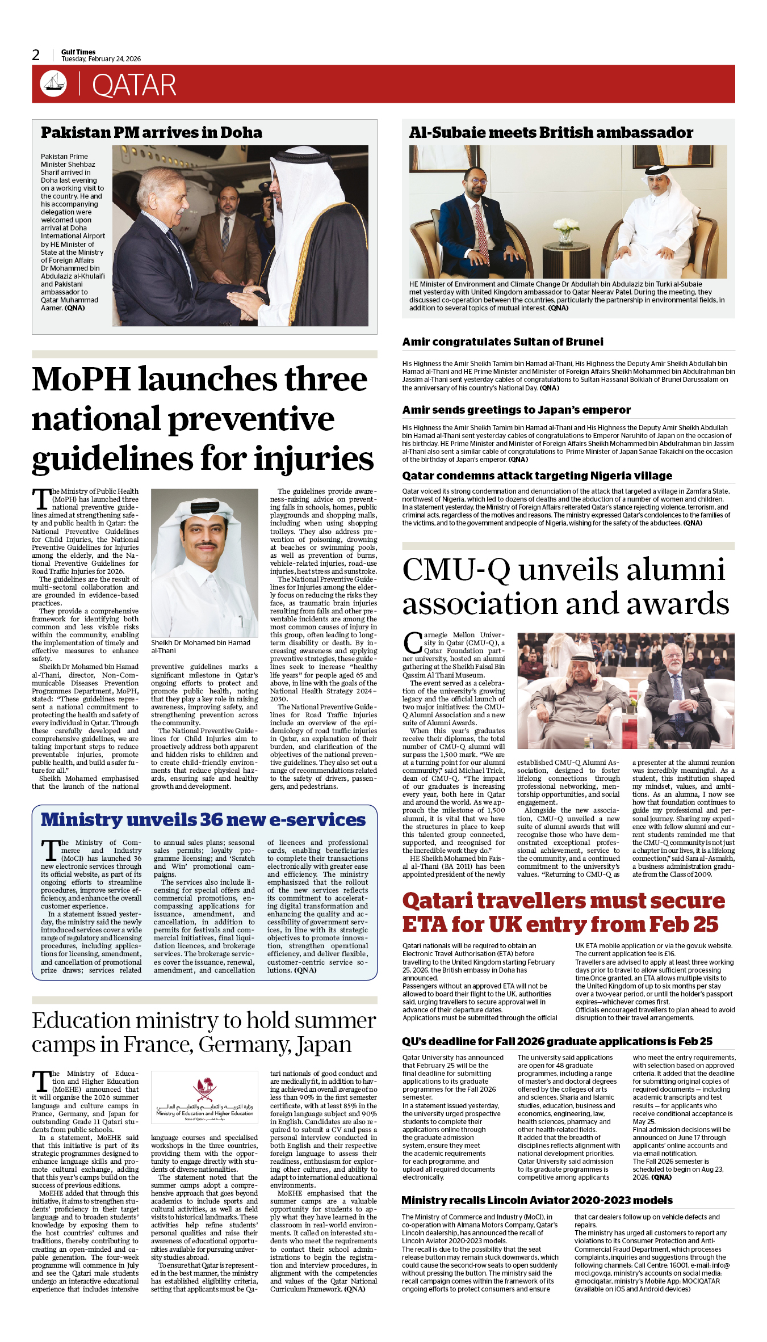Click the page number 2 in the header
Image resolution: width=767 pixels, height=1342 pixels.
click(x=36, y=55)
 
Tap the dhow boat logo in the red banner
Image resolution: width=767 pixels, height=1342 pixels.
click(x=53, y=83)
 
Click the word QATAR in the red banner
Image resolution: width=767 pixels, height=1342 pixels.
click(x=134, y=85)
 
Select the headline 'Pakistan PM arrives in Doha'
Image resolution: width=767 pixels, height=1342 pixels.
click(x=152, y=133)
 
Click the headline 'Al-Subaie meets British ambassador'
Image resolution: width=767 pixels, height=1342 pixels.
click(x=551, y=133)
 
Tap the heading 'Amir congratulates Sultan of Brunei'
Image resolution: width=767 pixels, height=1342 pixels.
click(x=502, y=342)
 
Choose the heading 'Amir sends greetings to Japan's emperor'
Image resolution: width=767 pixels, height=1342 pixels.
click(x=516, y=410)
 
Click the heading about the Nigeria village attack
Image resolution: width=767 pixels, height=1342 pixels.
click(x=537, y=476)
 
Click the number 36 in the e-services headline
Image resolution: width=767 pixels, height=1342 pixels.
click(x=211, y=820)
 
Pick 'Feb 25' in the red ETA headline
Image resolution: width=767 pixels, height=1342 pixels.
click(x=684, y=924)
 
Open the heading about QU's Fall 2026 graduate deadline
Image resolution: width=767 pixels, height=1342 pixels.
click(x=557, y=1041)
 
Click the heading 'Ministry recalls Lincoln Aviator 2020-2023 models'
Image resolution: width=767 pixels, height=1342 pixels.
click(x=537, y=1200)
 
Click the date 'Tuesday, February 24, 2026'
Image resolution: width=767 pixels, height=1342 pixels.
click(x=101, y=59)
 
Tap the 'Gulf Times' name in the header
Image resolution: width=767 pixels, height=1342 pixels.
click(x=78, y=52)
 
